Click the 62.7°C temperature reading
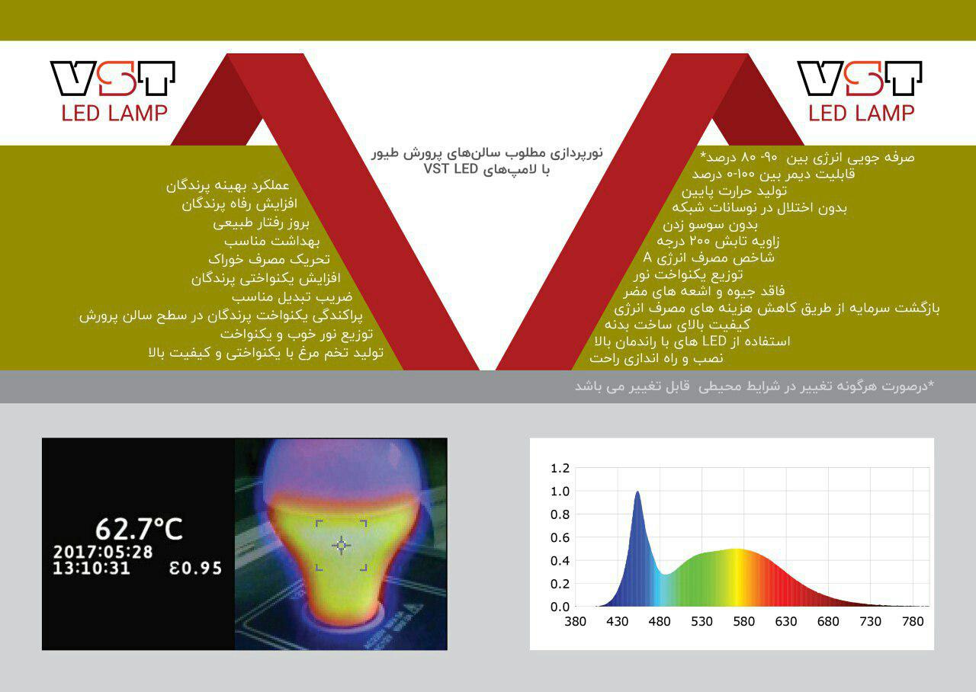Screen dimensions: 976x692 (139, 529)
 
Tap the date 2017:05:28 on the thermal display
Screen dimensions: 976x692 (103, 553)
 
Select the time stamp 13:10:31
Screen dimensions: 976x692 (91, 569)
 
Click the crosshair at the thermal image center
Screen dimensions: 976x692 (341, 545)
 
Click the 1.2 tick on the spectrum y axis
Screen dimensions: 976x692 (560, 468)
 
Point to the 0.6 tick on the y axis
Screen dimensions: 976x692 (560, 537)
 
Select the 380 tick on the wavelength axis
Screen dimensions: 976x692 (575, 621)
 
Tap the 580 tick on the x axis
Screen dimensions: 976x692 (743, 621)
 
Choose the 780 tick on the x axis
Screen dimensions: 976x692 (913, 621)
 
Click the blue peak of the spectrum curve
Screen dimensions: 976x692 (637, 492)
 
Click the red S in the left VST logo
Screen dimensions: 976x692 (117, 78)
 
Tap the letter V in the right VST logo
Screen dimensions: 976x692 (820, 78)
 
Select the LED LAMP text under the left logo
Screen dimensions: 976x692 (114, 113)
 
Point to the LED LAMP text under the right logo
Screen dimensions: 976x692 (862, 113)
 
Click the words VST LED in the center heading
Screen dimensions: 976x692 (451, 168)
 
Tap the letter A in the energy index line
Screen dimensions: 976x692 (647, 258)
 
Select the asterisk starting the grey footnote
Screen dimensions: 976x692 (931, 383)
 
